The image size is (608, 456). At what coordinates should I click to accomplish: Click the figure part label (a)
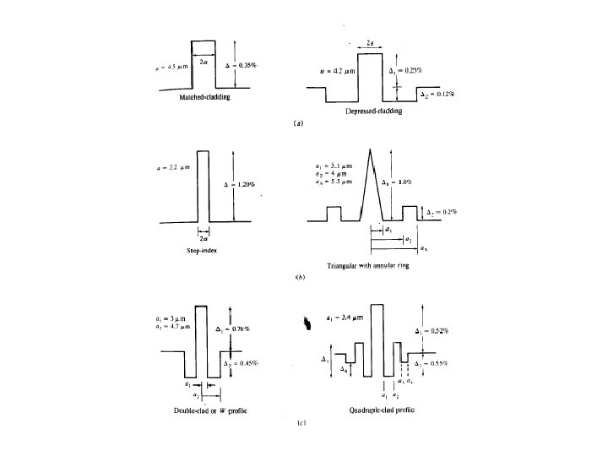297,123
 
